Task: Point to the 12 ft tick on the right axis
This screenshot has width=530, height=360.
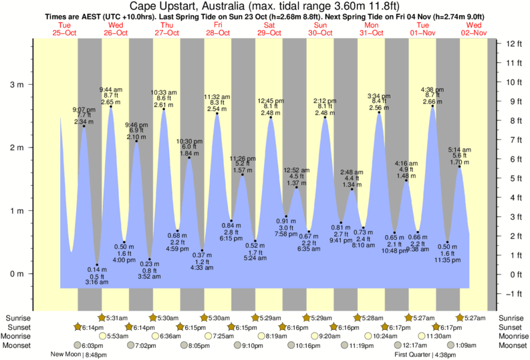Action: pos(513,44)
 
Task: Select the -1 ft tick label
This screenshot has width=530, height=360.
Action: pos(513,294)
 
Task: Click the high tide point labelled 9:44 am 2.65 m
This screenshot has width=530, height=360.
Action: pos(110,107)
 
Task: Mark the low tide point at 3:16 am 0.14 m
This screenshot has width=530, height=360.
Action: pos(97,264)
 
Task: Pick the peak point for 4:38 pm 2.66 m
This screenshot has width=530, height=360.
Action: pos(432,106)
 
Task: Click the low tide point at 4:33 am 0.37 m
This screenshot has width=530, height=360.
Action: pos(202,250)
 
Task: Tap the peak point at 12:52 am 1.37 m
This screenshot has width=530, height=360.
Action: pos(296,188)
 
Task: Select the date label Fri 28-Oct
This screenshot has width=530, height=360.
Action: pos(219,29)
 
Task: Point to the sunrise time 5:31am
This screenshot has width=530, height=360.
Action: pos(118,318)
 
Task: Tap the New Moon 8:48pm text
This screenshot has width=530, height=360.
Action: pos(79,355)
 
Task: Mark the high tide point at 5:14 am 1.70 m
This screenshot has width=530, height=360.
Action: pos(459,166)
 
